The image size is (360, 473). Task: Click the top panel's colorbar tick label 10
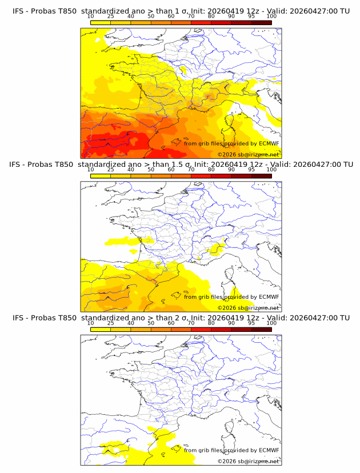click(x=91, y=16)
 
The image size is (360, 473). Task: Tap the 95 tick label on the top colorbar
click(x=251, y=16)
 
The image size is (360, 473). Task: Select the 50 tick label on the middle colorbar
click(x=151, y=169)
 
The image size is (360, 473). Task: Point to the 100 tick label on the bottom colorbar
click(x=271, y=323)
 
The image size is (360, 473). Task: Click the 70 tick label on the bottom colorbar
click(x=191, y=323)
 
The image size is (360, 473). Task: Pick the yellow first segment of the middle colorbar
click(x=101, y=175)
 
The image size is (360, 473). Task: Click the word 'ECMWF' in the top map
click(x=269, y=143)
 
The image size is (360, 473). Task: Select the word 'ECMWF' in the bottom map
click(x=269, y=450)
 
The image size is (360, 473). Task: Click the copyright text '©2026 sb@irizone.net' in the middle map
click(x=248, y=308)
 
